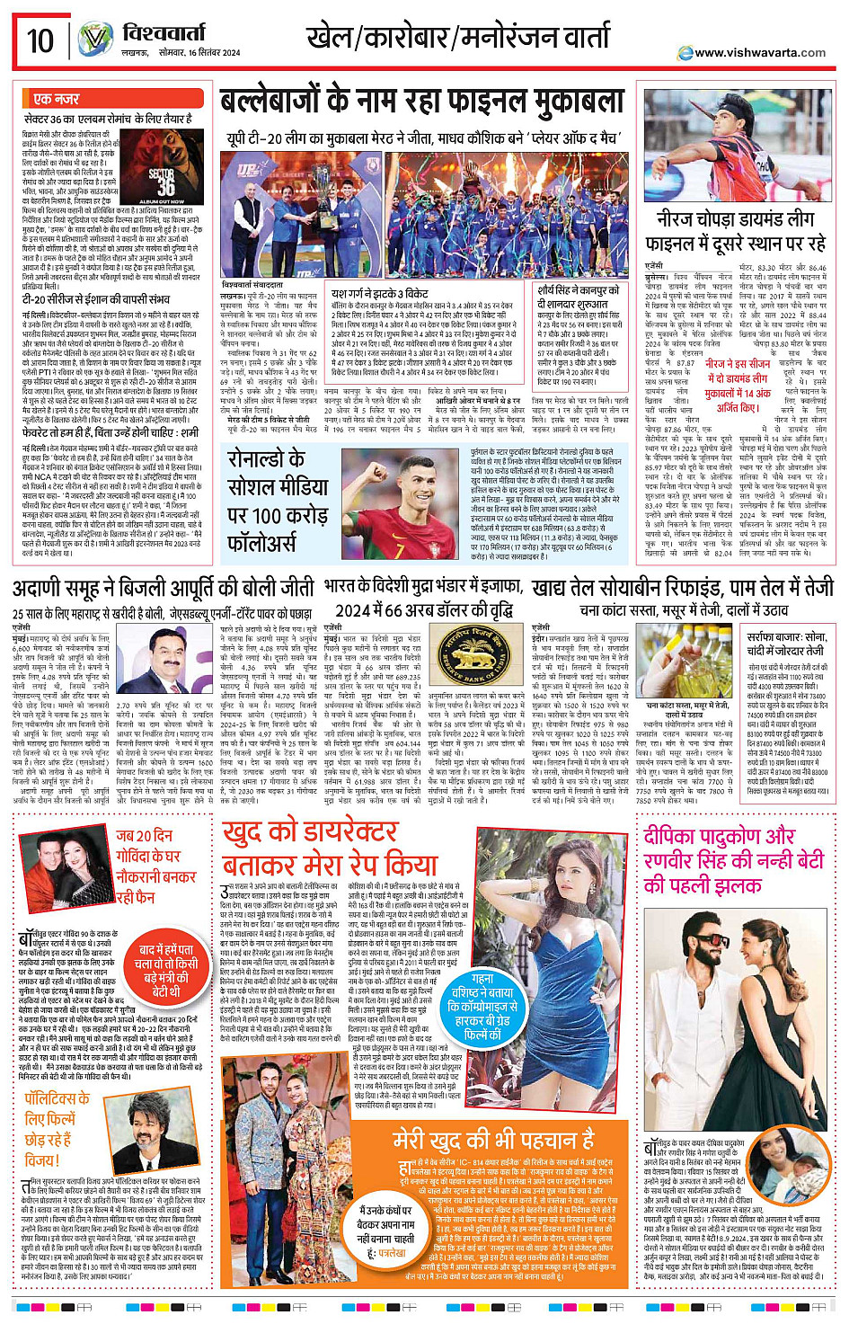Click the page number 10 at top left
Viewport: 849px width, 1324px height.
click(x=40, y=40)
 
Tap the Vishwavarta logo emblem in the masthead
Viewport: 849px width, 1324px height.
click(x=95, y=40)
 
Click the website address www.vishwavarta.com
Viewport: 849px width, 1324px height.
click(x=753, y=52)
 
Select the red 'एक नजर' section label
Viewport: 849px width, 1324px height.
click(x=56, y=98)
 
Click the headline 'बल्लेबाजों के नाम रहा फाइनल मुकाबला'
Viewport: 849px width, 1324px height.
click(x=421, y=102)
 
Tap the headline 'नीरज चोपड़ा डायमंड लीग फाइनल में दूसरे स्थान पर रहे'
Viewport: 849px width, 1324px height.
click(x=735, y=232)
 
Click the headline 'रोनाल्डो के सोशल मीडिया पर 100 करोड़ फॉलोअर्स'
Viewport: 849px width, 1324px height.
click(x=278, y=501)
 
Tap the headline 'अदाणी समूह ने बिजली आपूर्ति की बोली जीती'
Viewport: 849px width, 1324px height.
click(x=164, y=589)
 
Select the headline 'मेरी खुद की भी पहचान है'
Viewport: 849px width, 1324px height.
click(x=493, y=1140)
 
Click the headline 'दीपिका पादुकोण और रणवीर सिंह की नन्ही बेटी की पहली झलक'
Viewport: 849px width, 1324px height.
click(x=733, y=860)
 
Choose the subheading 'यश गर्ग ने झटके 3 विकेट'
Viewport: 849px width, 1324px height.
click(x=380, y=293)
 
